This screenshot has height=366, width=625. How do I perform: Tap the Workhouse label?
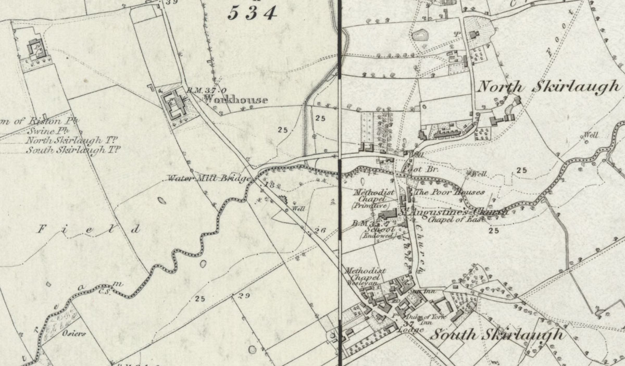coord(236,100)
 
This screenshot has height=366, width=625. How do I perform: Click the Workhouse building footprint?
coord(174,102)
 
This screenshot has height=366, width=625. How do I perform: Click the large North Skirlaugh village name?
coord(549,87)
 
